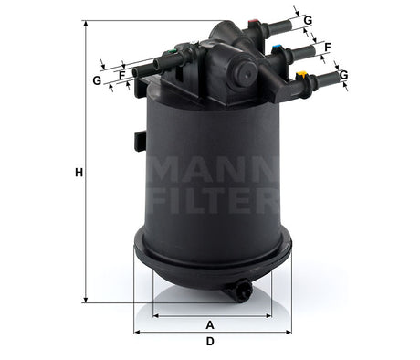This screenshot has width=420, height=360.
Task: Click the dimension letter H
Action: pyautogui.click(x=79, y=173)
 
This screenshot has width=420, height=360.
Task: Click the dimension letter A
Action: pyautogui.click(x=210, y=325)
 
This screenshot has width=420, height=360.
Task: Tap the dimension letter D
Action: pyautogui.click(x=210, y=343)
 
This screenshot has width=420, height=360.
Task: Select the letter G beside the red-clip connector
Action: pyautogui.click(x=309, y=20)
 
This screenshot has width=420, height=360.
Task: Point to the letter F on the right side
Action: pyautogui.click(x=327, y=46)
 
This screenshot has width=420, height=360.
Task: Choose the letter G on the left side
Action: pyautogui.click(x=97, y=80)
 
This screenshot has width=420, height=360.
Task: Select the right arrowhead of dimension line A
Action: pyautogui.click(x=265, y=315)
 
